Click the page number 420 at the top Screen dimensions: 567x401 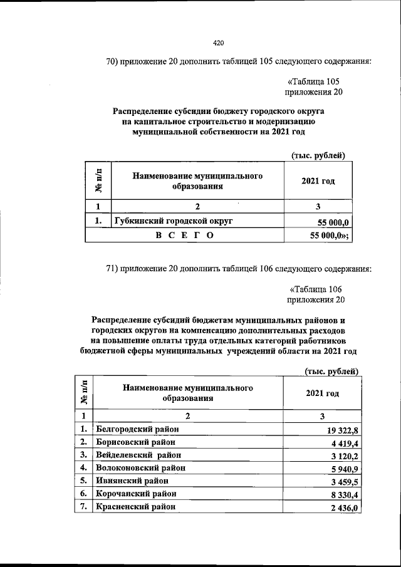pos(218,43)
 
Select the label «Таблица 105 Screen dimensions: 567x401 pos(313,81)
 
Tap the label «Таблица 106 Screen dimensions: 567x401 pos(316,289)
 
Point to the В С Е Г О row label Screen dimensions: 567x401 pos(184,236)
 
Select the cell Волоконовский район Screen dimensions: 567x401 pos(140,467)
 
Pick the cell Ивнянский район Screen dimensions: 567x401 pos(132,481)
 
